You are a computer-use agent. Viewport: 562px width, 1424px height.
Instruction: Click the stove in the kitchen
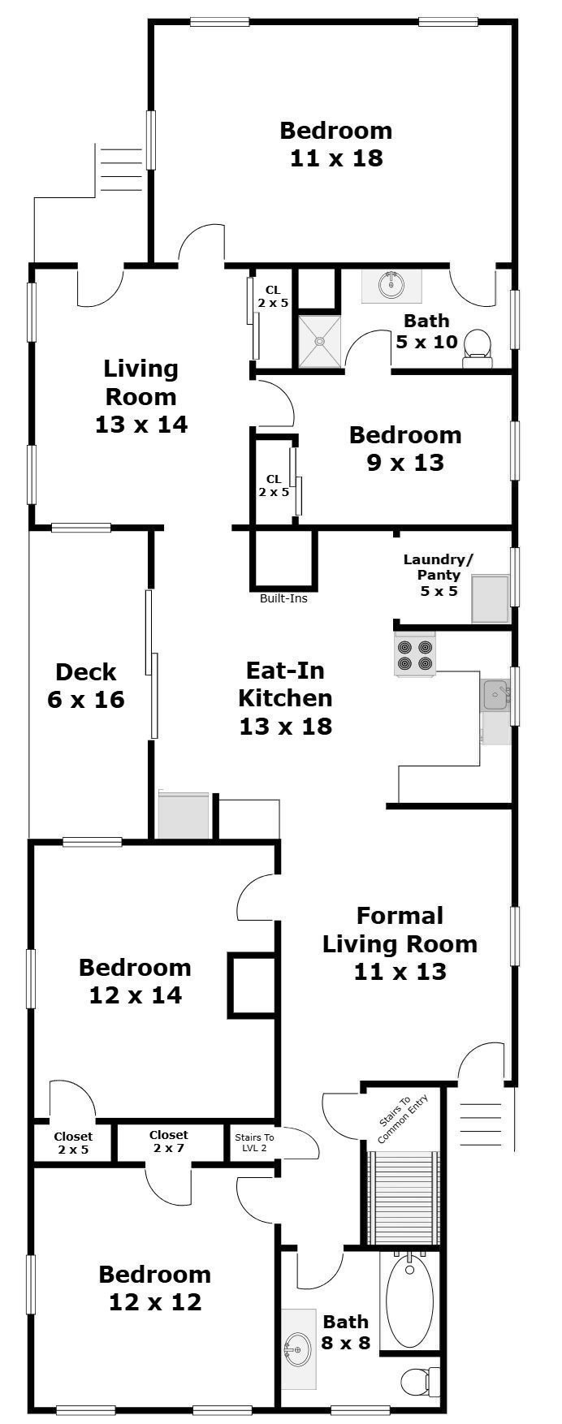415,654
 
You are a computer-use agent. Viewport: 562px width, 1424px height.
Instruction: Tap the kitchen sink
495,695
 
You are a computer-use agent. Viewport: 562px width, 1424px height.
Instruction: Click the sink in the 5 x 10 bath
391,285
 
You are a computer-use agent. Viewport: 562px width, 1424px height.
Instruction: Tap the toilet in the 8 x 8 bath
421,1379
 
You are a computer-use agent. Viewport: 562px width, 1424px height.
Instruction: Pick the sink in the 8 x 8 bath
297,1350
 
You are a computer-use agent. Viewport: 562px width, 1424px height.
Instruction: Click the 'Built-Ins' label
283,599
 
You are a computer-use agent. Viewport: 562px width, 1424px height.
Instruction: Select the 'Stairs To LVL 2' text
254,1142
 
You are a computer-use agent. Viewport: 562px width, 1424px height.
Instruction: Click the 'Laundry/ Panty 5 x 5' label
439,575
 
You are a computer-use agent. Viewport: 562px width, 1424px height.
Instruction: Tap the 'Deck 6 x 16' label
86,685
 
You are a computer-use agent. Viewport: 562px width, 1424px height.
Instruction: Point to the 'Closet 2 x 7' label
169,1141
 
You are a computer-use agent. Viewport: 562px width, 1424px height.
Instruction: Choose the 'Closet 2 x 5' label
73,1143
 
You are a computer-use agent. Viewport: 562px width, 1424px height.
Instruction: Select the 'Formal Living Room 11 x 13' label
400,943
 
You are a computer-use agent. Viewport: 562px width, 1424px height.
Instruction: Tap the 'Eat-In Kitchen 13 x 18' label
286,698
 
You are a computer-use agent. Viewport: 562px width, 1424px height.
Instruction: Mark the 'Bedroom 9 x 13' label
405,448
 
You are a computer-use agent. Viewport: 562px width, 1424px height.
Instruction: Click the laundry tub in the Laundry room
491,599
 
